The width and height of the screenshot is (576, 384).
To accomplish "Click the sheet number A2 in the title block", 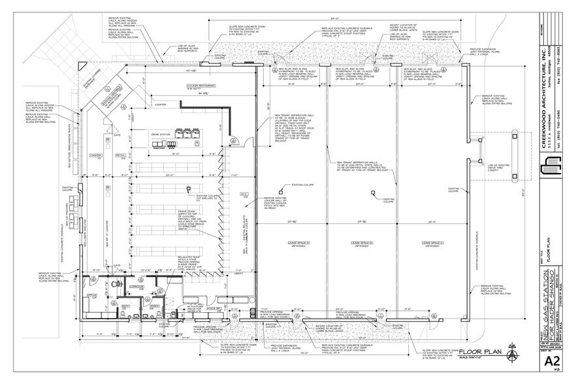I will point(552,360).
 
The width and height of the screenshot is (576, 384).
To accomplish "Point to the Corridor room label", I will point(136,286).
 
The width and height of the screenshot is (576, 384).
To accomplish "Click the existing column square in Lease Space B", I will point(372,193).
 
